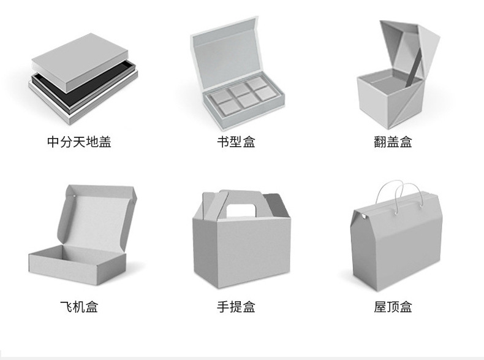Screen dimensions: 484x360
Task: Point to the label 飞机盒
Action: [x=79, y=306]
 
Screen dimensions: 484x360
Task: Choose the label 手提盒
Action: [x=236, y=306]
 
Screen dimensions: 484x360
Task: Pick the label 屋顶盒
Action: [x=393, y=306]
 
